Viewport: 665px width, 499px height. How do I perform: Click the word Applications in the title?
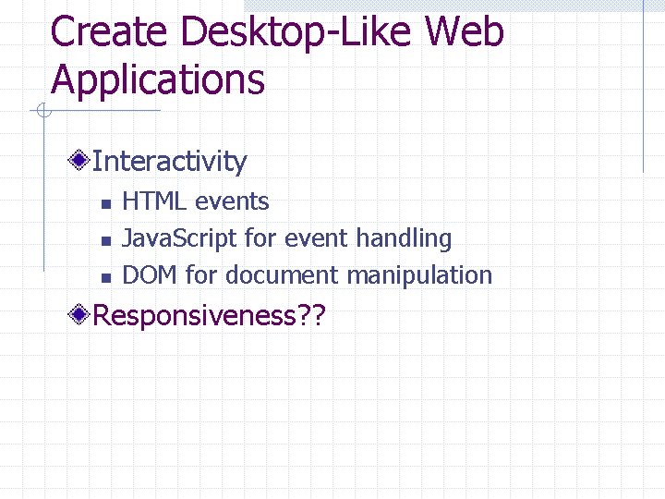click(158, 79)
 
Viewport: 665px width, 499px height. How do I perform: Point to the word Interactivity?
click(170, 162)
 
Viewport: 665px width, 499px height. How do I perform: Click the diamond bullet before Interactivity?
click(81, 162)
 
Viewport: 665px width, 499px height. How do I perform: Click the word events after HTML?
click(232, 201)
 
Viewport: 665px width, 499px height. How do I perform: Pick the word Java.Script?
click(180, 238)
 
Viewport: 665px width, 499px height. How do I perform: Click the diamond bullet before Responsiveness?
click(81, 316)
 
